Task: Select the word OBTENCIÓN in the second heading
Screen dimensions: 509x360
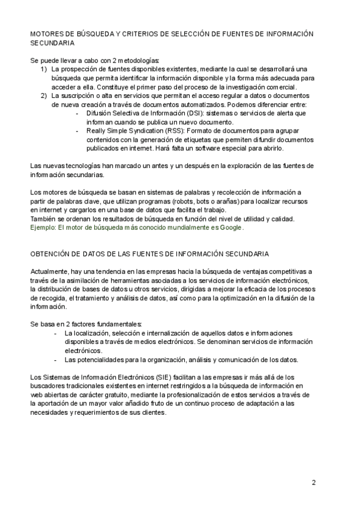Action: (x=51, y=254)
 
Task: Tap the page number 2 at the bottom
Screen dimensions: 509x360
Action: (x=314, y=482)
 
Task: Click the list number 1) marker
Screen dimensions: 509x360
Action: (x=44, y=69)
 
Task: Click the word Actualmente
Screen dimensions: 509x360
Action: (x=52, y=271)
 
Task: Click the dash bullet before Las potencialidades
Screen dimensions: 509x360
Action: (x=56, y=360)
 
